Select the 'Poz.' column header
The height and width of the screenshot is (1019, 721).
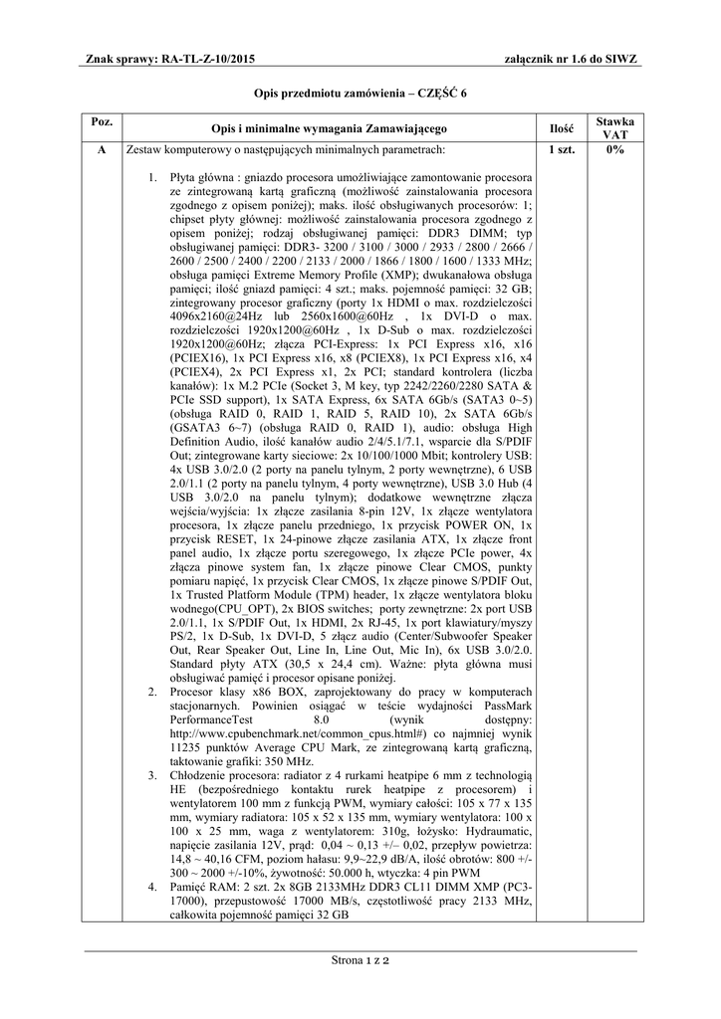(101, 121)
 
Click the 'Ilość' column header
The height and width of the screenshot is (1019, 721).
(562, 127)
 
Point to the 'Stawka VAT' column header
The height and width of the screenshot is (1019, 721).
(614, 127)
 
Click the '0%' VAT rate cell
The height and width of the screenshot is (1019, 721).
(614, 149)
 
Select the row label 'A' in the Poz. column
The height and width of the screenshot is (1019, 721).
(101, 149)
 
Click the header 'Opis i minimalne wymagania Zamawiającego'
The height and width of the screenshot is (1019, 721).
(329, 128)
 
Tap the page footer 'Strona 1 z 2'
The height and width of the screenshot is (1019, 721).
(360, 961)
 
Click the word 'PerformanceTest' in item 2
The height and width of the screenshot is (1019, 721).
(210, 718)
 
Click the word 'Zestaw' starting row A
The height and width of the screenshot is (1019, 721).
(143, 149)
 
